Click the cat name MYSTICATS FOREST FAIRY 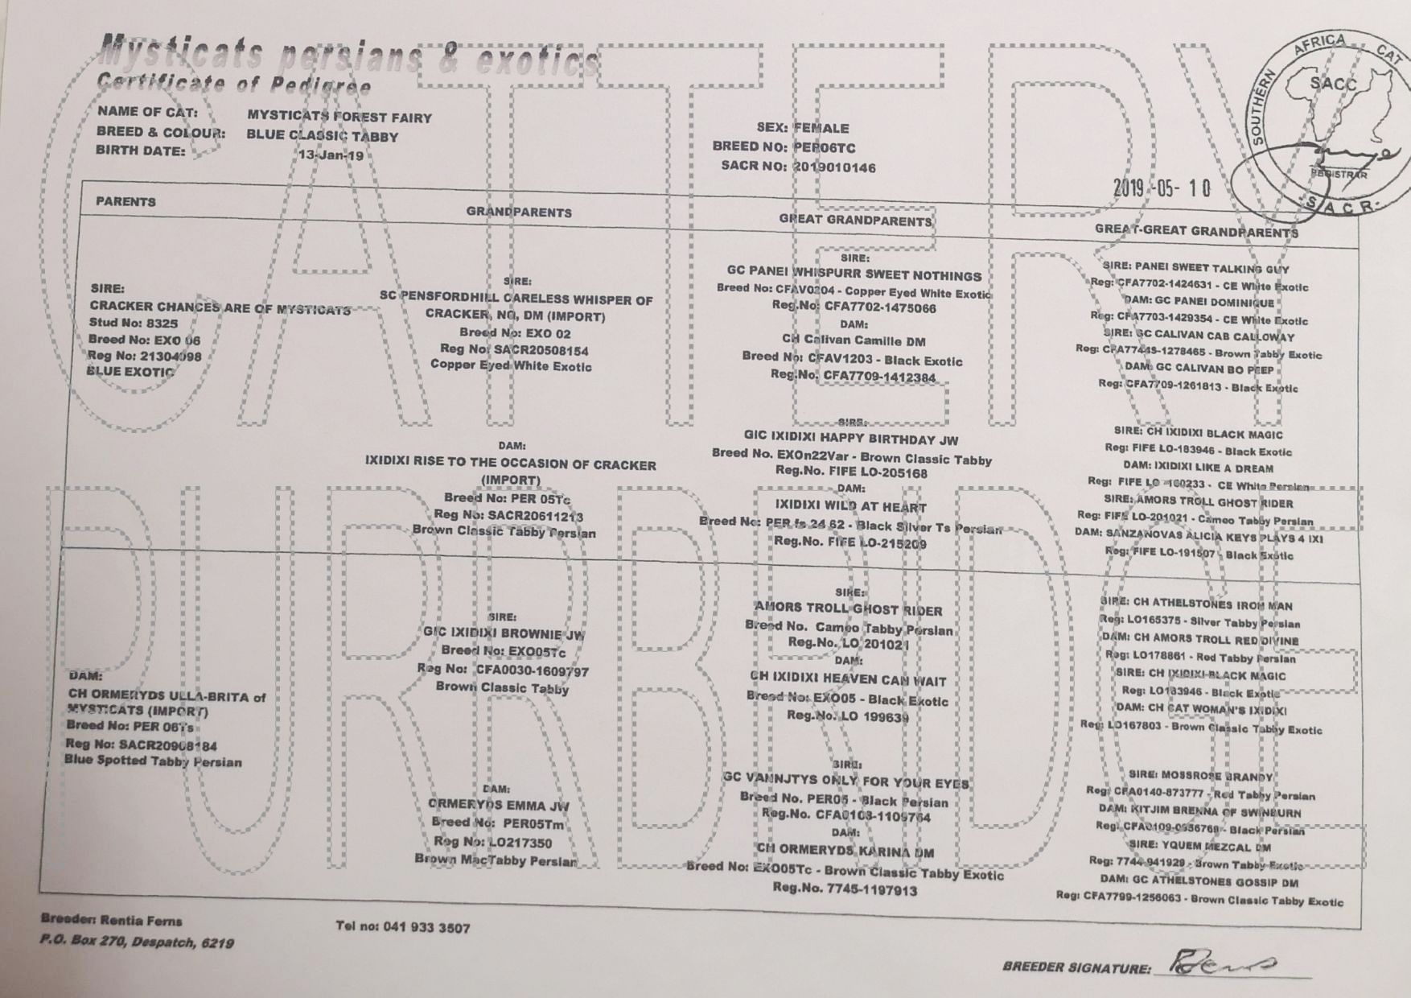click(339, 117)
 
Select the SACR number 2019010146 click(834, 167)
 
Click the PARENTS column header click(125, 201)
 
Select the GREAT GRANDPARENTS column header click(854, 220)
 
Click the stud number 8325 click(156, 323)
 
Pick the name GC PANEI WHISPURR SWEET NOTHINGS click(854, 275)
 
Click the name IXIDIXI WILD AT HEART click(850, 506)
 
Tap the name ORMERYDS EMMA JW click(498, 804)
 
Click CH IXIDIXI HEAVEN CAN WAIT click(848, 680)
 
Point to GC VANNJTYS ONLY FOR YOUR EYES click(845, 781)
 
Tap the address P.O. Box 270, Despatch click(137, 942)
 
